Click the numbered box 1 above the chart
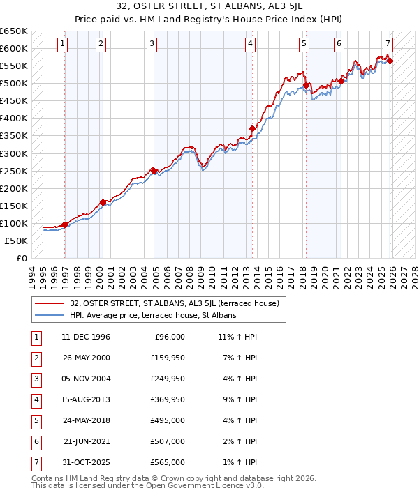pos(63,44)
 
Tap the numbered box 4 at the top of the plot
pos(250,44)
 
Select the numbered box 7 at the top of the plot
pos(388,44)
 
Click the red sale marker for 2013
pos(253,128)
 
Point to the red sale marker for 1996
pos(65,224)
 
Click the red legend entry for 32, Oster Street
pos(175,303)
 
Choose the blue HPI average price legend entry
pos(153,315)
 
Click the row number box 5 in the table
pos(35,421)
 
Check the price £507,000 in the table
pos(168,441)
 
